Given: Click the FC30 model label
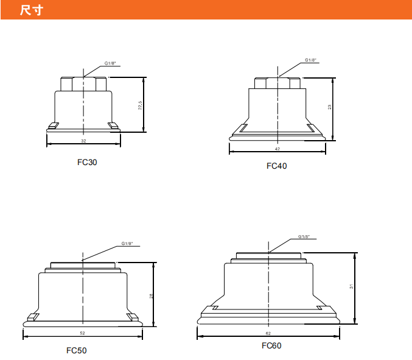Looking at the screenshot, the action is click(87, 162).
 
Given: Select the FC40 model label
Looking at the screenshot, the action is click(277, 166).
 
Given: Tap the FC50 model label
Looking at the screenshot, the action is click(77, 350).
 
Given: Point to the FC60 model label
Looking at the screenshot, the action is click(271, 345).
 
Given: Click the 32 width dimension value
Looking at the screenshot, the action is click(83, 141).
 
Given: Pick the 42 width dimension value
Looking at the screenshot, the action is click(278, 149).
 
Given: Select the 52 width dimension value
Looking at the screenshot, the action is click(83, 333).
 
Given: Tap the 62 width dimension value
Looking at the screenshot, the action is click(268, 333).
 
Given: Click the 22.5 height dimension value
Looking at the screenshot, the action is click(140, 105).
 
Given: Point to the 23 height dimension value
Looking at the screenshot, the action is click(329, 107).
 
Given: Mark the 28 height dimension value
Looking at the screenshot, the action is click(151, 296).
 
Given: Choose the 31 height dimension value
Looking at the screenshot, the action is click(351, 286).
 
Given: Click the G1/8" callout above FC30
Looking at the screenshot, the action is click(110, 63).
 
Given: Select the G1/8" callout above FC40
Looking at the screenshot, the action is click(310, 60).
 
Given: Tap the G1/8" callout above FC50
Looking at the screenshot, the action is click(127, 244).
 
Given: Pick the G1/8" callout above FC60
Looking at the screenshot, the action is click(304, 237).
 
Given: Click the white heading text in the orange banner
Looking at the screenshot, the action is click(32, 10).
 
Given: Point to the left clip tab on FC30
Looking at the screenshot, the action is click(54, 125).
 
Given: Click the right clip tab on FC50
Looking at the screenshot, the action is click(133, 317).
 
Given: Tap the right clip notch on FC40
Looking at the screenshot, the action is click(311, 128).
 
